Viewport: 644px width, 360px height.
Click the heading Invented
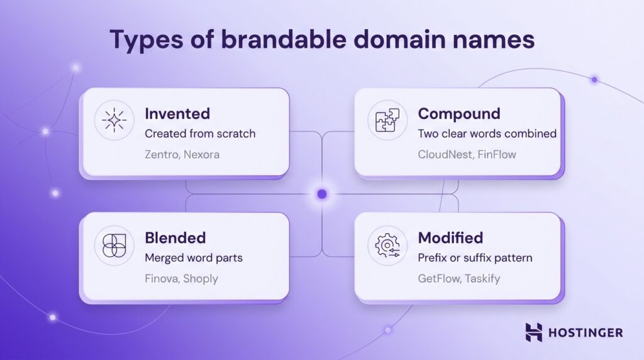(x=177, y=114)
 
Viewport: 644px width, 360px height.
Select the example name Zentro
(x=162, y=154)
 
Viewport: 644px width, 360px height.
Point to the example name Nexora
(x=201, y=154)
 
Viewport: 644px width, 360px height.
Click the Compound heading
(x=459, y=114)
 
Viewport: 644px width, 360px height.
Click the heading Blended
(x=175, y=238)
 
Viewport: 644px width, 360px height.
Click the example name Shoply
(x=201, y=278)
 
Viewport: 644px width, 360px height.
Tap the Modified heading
(x=450, y=238)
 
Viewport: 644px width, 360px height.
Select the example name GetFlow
(x=439, y=278)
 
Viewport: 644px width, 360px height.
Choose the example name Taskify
(x=483, y=278)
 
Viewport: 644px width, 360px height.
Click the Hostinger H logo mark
(x=534, y=332)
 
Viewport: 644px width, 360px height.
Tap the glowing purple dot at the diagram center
(x=322, y=194)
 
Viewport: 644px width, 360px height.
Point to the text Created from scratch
(x=200, y=133)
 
